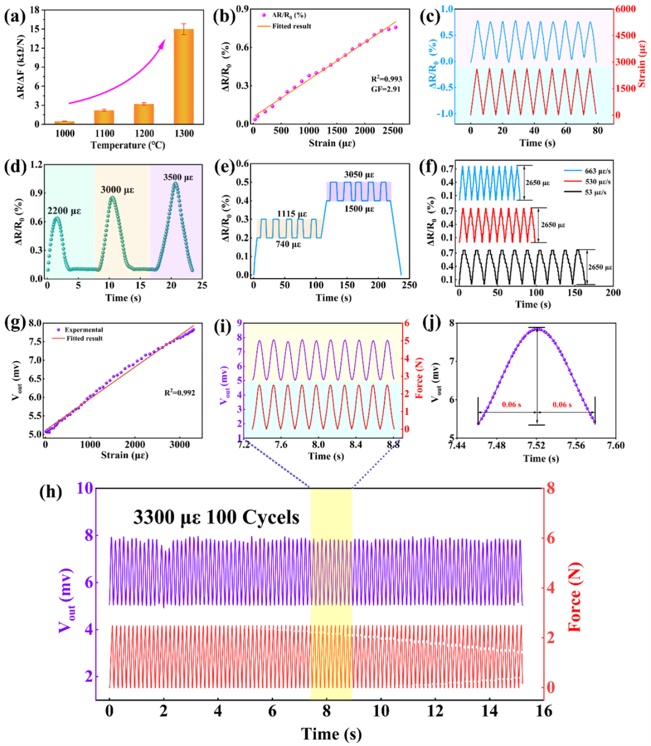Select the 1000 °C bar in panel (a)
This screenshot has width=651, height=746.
[64, 122]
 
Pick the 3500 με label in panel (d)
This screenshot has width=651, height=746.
[178, 177]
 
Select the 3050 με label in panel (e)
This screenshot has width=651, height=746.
[359, 175]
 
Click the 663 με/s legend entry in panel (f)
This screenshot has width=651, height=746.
[597, 171]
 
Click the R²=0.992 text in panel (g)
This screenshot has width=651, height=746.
[180, 393]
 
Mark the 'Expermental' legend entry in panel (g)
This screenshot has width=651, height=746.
[84, 330]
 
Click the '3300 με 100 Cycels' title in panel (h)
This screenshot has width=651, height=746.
[216, 517]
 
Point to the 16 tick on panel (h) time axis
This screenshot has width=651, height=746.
[544, 711]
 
